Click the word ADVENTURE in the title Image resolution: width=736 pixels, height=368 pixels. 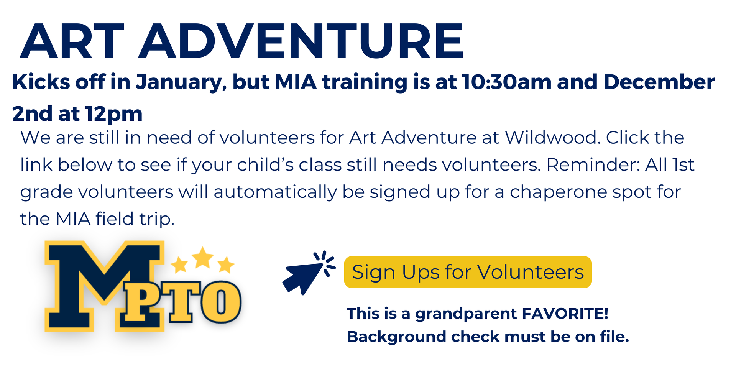(301, 41)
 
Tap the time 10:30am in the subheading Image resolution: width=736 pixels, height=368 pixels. (506, 82)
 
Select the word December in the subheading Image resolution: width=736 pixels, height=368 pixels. (659, 82)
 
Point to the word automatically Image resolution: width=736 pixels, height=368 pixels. (275, 192)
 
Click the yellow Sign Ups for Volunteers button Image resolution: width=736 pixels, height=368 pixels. (468, 272)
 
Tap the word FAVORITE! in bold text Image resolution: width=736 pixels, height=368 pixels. (565, 314)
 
